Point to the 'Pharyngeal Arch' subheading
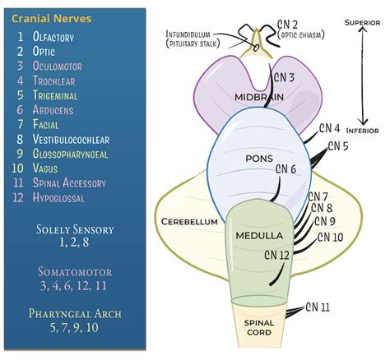(75, 312)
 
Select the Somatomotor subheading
(75, 270)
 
